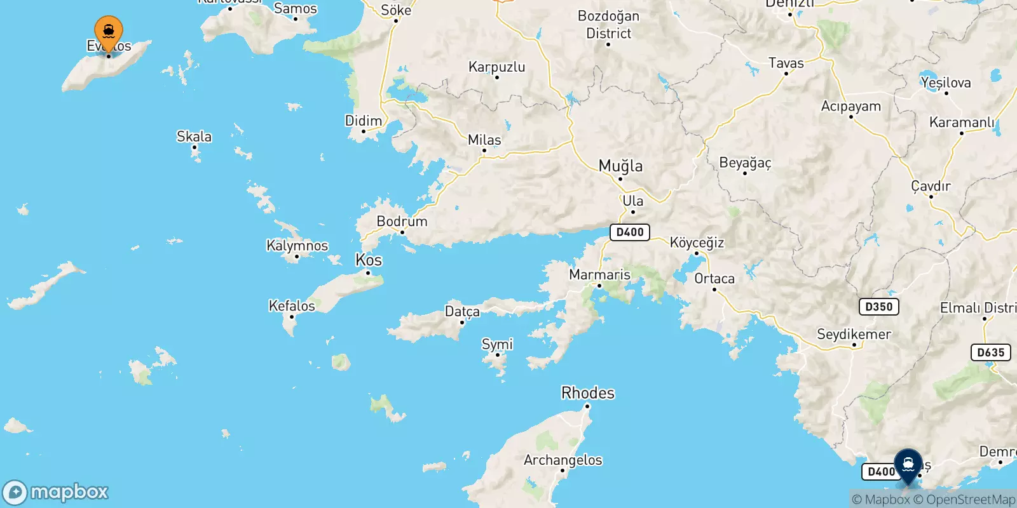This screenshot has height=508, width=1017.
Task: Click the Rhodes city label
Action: click(x=588, y=393)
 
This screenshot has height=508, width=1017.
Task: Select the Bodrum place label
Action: click(x=402, y=222)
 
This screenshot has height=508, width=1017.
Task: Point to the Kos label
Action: click(x=369, y=260)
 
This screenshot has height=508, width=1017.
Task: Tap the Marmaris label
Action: click(x=599, y=275)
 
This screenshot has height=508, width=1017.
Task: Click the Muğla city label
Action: click(x=620, y=166)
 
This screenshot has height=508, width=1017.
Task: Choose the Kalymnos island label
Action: click(x=297, y=246)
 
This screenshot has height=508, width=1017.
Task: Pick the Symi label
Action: click(x=497, y=344)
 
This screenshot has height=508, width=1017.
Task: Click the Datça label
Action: click(x=462, y=311)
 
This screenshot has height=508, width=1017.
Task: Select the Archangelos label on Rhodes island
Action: click(x=563, y=460)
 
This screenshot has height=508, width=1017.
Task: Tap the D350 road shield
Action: click(x=879, y=307)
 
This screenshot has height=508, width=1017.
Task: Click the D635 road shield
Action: click(x=991, y=352)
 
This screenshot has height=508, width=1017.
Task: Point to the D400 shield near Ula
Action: click(x=630, y=232)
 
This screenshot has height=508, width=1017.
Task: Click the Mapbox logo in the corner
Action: click(x=56, y=492)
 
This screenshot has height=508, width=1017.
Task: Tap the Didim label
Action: click(x=364, y=121)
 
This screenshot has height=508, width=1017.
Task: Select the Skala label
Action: click(x=194, y=137)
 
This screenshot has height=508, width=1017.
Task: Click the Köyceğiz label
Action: click(x=697, y=243)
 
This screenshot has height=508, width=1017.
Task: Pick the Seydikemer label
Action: click(x=854, y=334)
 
